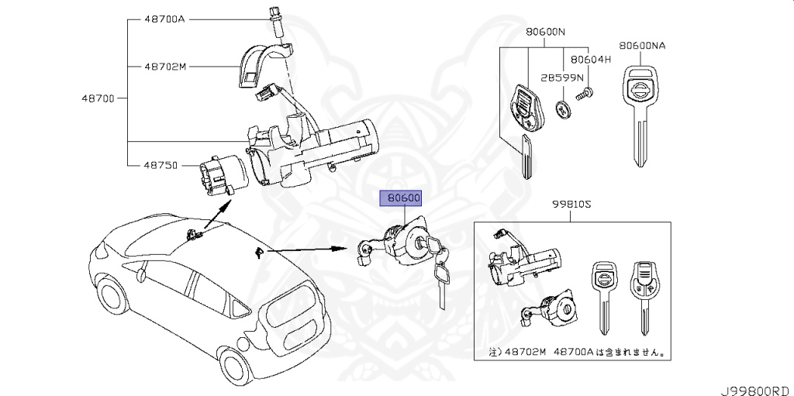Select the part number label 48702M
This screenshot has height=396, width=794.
tap(165, 67)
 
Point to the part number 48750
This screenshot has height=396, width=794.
tap(161, 165)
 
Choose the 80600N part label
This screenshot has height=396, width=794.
tap(545, 33)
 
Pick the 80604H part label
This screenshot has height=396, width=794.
tap(591, 59)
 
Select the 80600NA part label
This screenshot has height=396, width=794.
tap(641, 46)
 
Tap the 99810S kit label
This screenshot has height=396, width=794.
tap(571, 204)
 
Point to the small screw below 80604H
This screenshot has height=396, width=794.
tap(587, 95)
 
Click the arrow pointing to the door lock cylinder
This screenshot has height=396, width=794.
tap(310, 250)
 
